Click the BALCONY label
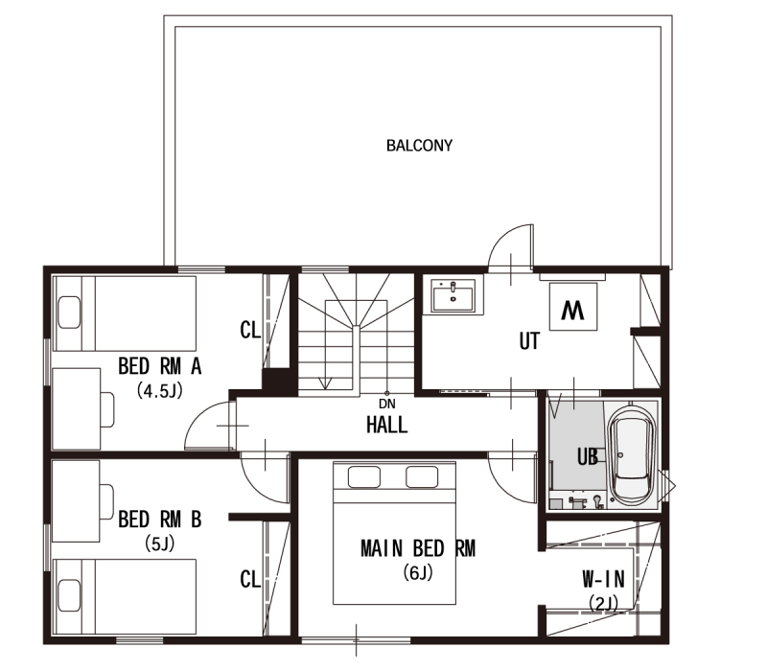419,146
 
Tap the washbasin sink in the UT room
453,295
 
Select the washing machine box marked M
572,307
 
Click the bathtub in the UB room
632,455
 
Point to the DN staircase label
387,404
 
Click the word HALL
387,425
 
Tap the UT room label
529,341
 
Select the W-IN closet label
604,579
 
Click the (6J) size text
418,572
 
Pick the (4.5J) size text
159,390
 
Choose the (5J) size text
159,544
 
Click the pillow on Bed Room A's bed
69,312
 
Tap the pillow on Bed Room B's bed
69,595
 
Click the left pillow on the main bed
364,476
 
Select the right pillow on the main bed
422,476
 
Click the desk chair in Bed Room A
107,409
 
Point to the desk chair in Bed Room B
106,501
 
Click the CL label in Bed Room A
250,330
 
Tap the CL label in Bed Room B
250,579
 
